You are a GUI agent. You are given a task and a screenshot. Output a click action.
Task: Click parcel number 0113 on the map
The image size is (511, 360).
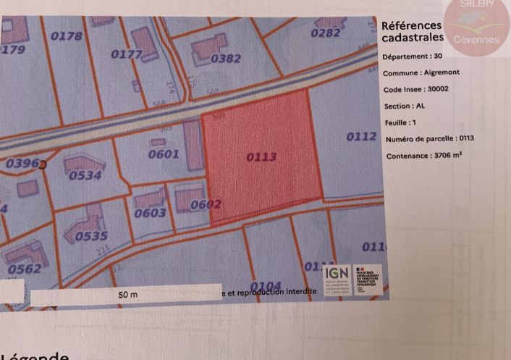coord(262,156)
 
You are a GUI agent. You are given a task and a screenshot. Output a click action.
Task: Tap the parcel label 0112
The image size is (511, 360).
coord(361,136)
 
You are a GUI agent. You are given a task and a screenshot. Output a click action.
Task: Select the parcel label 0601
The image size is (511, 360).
coord(163,154)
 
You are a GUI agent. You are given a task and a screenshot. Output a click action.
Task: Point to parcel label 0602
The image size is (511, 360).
coord(206,205)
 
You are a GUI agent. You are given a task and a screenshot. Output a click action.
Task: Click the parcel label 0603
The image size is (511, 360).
coord(151,212)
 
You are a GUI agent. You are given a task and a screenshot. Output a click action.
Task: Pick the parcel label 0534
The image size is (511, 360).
coord(85,175)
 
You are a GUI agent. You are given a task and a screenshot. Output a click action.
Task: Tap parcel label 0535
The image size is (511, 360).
coord(91,235)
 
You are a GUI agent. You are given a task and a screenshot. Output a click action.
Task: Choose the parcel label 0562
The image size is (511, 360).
coord(25,269)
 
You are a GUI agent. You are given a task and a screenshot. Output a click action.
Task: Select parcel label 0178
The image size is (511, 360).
coord(67,35)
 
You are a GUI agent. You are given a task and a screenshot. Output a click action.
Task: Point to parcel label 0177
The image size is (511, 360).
coord(126,54)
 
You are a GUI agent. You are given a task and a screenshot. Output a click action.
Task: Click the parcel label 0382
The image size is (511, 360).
coord(225,59)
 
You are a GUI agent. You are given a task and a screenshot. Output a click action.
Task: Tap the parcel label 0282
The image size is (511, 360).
coord(326,33)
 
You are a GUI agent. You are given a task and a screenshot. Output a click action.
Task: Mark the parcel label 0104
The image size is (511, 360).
coord(265,285)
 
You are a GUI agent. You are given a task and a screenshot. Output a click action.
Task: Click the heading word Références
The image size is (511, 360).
coord(411,26)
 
